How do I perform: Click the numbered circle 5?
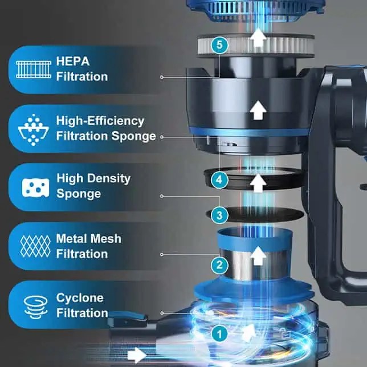coord(219,45)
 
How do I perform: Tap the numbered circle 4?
coord(219,180)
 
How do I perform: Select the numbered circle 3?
coord(219,215)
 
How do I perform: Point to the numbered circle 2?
coord(219,265)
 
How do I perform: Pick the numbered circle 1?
coord(219,334)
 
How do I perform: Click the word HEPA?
coord(73,62)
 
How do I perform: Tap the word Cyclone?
coord(80,298)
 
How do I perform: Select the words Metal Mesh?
coord(89,239)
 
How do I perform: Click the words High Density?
coord(93,179)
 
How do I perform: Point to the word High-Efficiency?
coord(100,121)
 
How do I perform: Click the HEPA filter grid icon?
coord(34,70)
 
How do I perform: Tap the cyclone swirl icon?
coord(35,307)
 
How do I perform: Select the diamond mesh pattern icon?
coord(35,246)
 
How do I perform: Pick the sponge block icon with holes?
coord(35,187)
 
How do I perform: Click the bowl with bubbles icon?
coord(34,130)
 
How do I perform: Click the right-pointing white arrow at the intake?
coord(137,355)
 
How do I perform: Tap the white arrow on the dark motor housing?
coord(258,110)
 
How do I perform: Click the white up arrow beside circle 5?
coord(258,38)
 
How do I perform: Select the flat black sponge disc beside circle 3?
coord(255,214)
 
